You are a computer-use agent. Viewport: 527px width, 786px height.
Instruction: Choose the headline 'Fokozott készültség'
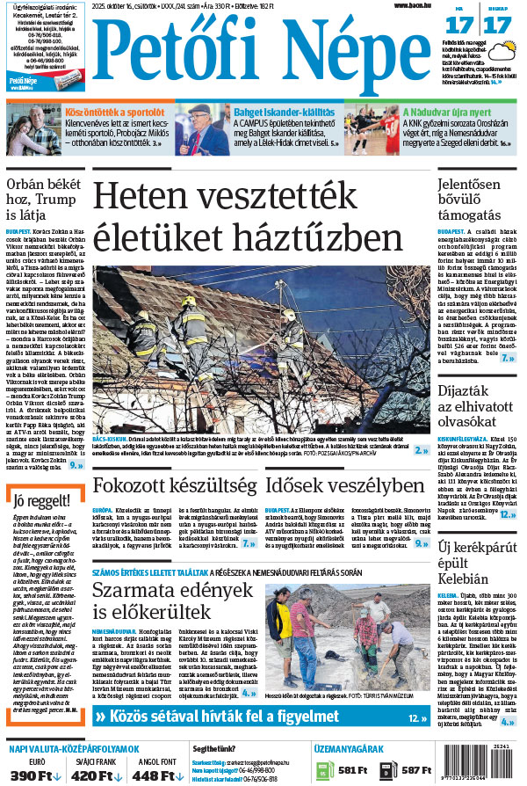[x=175, y=486]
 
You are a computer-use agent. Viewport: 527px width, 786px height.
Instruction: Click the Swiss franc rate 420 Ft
[x=90, y=774]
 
